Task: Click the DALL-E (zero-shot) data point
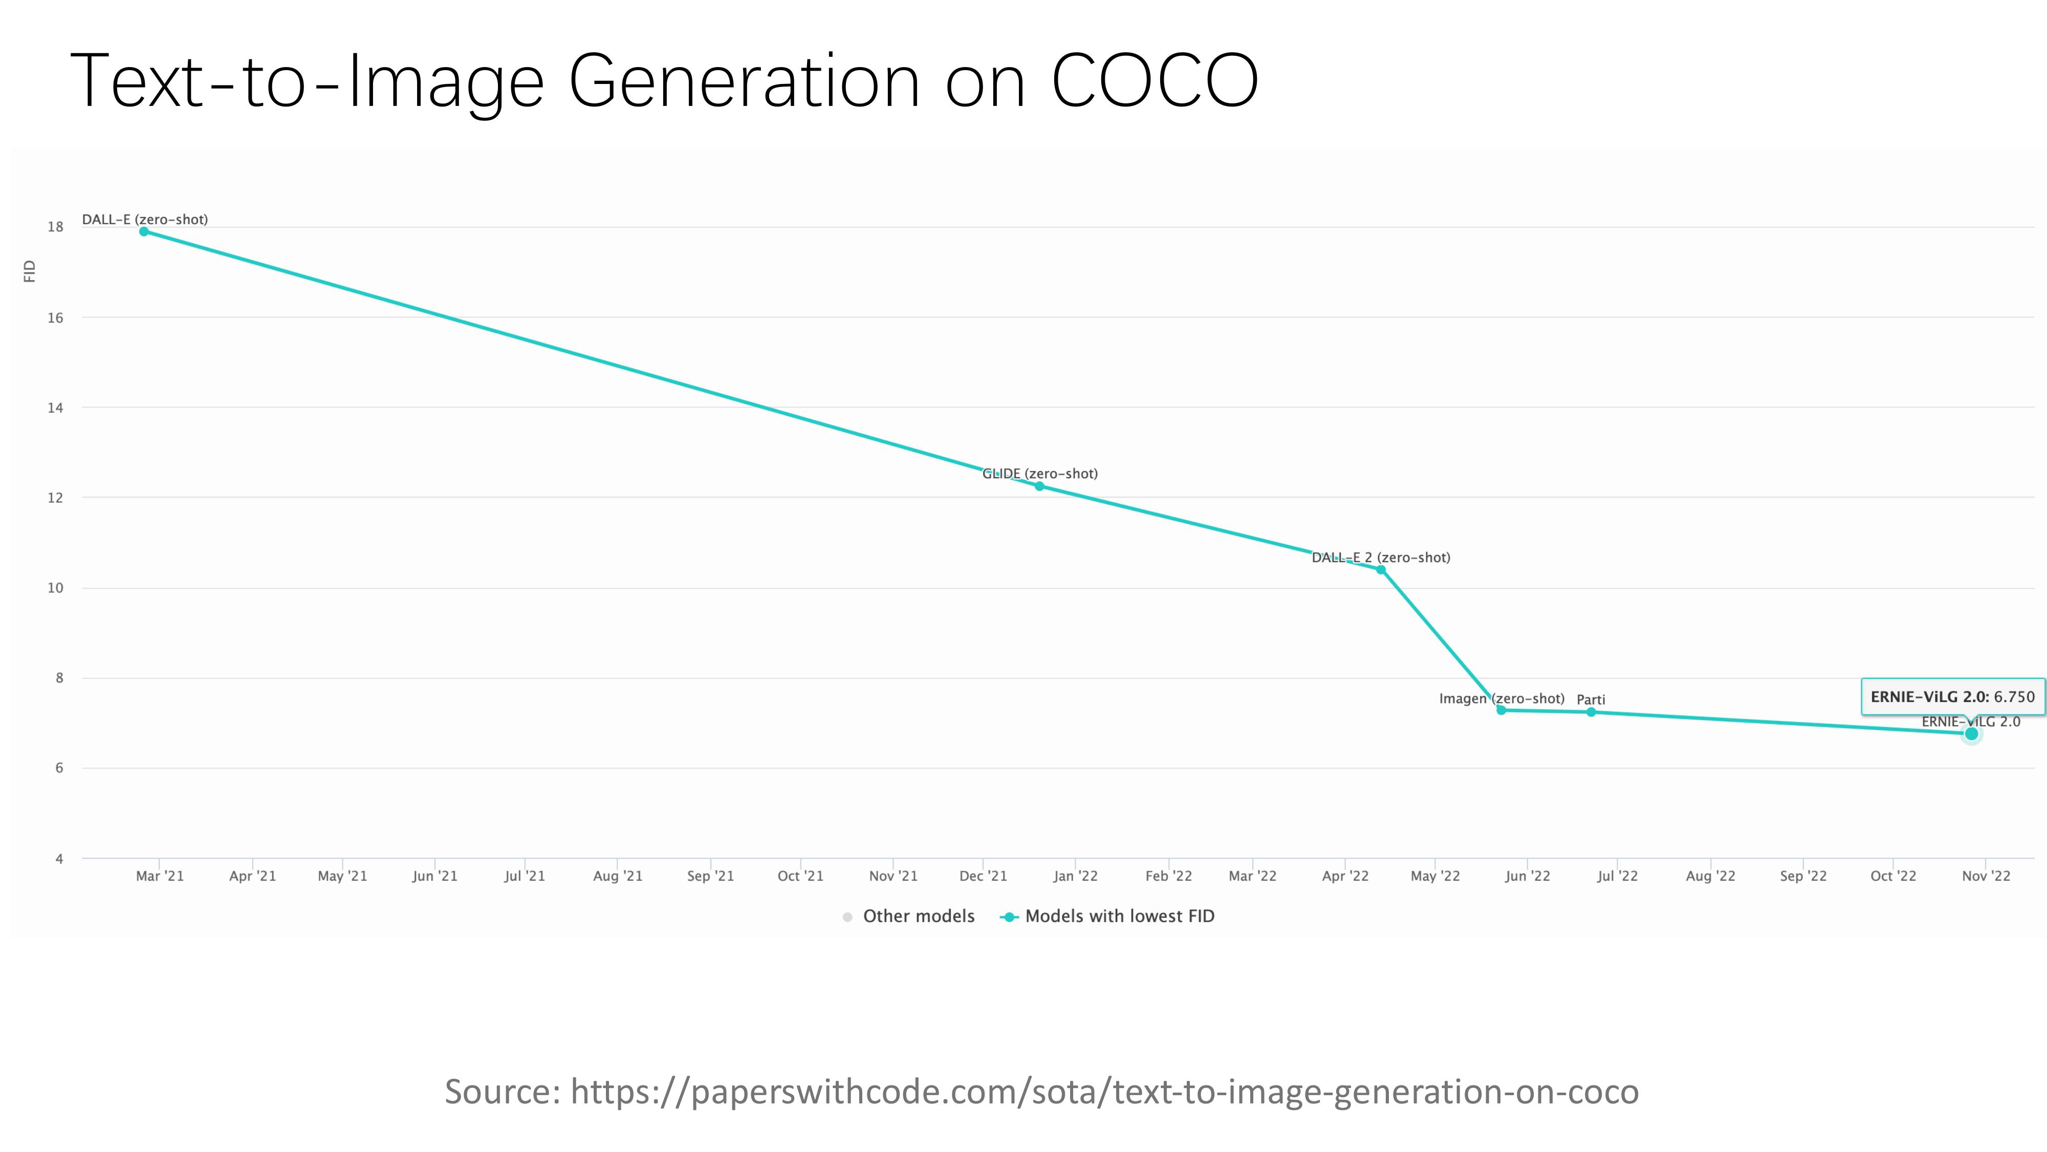click(x=144, y=231)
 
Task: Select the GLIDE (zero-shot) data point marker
click(x=1039, y=486)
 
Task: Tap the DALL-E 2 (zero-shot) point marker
click(x=1381, y=570)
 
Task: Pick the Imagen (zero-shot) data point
click(x=1501, y=710)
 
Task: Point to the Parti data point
click(x=1591, y=712)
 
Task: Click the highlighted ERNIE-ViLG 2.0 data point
click(x=1971, y=734)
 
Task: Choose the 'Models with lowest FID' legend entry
click(x=1109, y=916)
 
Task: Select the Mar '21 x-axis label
click(x=160, y=876)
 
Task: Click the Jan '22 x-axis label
click(x=1075, y=876)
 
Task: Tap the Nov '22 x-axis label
click(x=1986, y=876)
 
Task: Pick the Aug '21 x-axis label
click(x=618, y=876)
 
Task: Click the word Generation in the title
click(x=744, y=82)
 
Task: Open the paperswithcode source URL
click(x=1104, y=1092)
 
